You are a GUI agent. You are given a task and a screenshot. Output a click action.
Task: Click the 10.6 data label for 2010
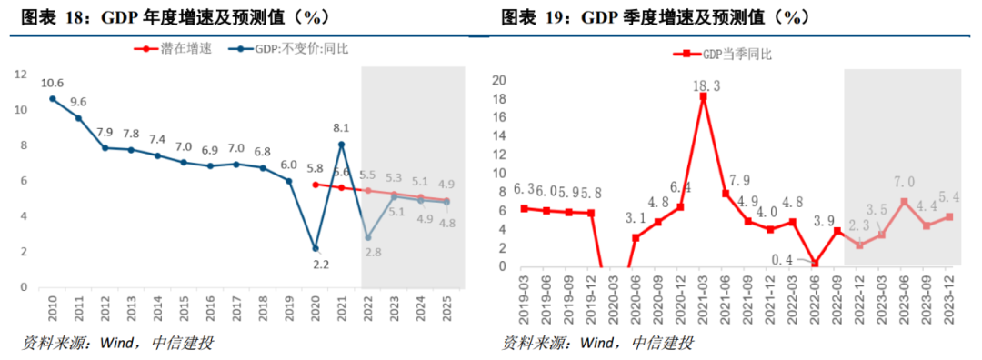(52, 83)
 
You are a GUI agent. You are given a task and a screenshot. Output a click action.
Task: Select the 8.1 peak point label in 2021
(341, 128)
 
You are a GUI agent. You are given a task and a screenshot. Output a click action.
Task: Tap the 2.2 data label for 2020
(314, 265)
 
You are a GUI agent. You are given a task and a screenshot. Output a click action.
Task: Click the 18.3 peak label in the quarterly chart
(703, 85)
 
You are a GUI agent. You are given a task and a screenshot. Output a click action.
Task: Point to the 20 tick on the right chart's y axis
(498, 80)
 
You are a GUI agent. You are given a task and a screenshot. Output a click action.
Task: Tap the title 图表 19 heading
(655, 17)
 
